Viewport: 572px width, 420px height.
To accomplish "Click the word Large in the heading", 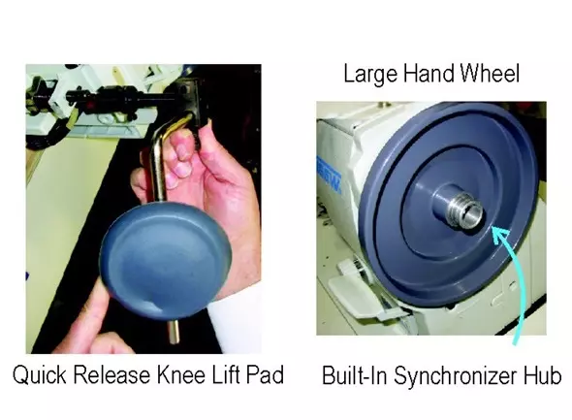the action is pos(370,75).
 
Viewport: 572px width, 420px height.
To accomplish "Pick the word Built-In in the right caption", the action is pos(354,375).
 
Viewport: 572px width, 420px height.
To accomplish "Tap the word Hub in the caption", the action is pos(543,375).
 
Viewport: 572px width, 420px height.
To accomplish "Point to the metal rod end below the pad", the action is pos(174,332).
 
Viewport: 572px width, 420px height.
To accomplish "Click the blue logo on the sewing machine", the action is pos(329,176).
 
